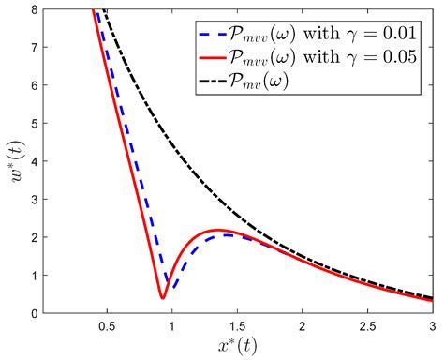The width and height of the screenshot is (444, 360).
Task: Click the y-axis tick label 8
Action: point(30,9)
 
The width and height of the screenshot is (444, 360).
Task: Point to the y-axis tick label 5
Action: point(30,123)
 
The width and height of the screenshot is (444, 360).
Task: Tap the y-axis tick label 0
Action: point(30,313)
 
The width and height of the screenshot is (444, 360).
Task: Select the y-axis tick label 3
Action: point(30,199)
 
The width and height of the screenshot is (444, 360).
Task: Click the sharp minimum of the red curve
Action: point(163,298)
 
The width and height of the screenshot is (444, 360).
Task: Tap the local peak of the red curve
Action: point(217,230)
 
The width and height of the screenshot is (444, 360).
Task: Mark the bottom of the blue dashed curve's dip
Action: point(169,284)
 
